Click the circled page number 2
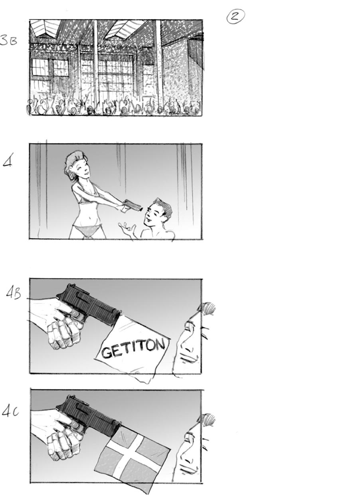(235, 16)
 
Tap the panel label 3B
(9, 41)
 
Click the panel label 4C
(10, 412)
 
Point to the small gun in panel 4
(132, 206)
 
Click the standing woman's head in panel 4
(76, 165)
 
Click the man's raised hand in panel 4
(127, 230)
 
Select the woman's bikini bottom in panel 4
(87, 230)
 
